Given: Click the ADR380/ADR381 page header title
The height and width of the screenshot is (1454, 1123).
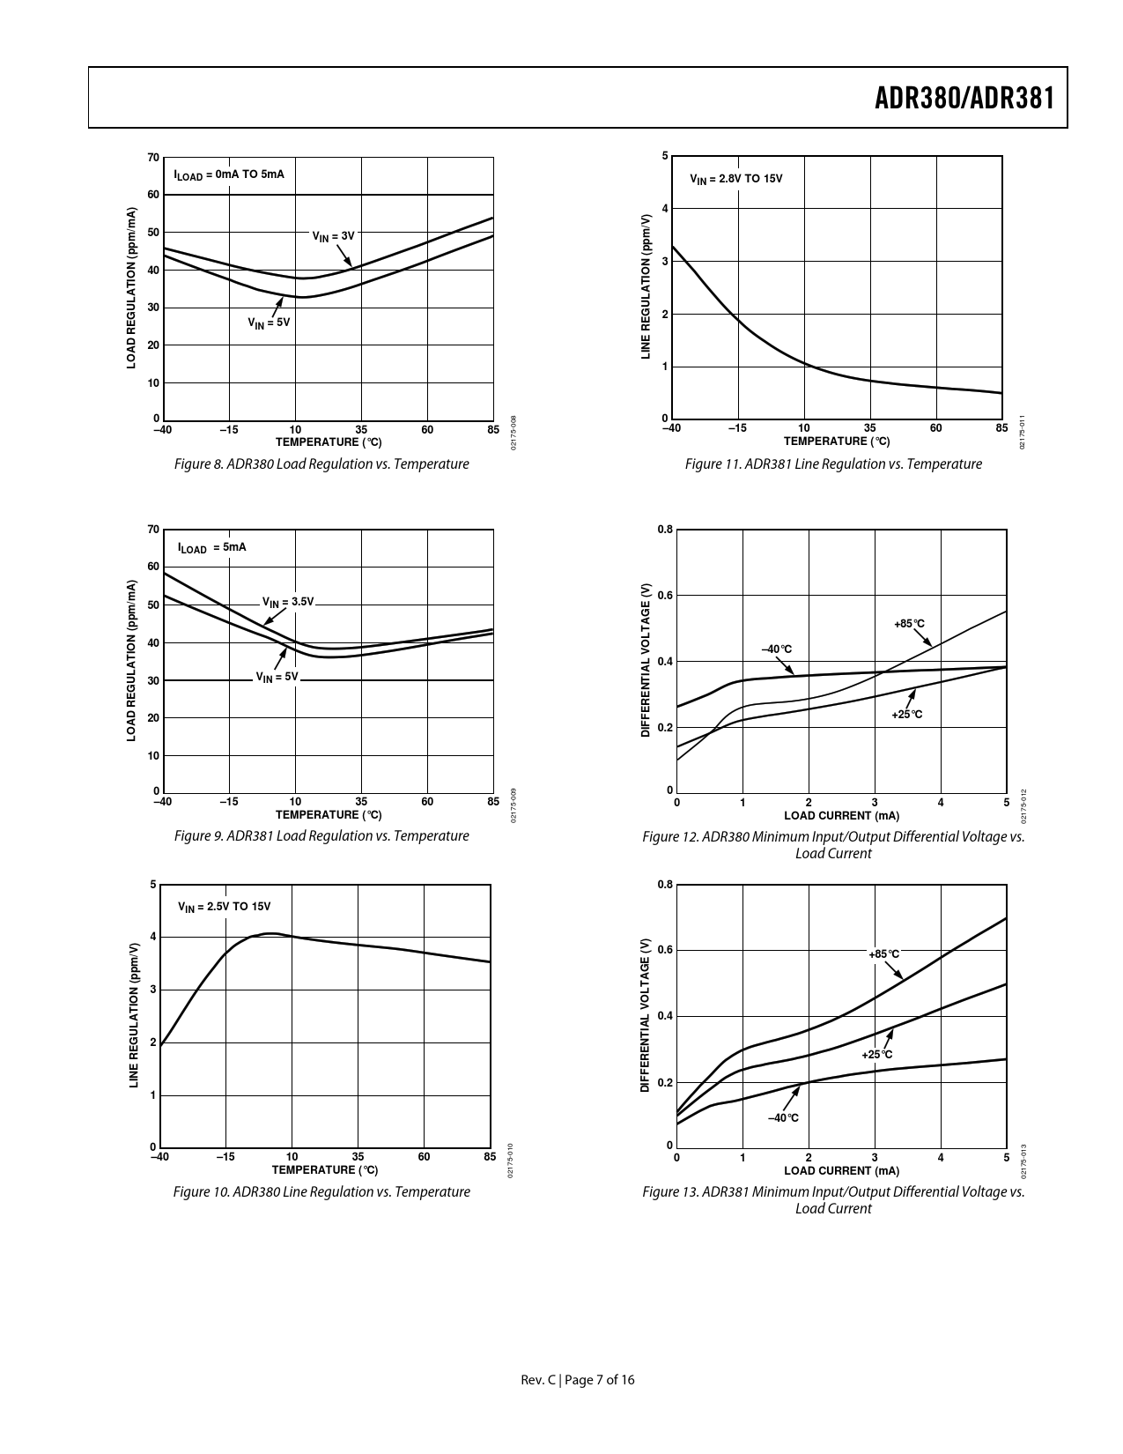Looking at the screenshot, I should (x=964, y=98).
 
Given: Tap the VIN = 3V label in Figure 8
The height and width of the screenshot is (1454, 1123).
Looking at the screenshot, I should (x=333, y=236).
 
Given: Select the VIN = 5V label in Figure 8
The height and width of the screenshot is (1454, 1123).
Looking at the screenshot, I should (x=269, y=323).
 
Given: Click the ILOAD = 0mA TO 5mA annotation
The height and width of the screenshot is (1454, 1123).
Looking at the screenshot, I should (x=229, y=174).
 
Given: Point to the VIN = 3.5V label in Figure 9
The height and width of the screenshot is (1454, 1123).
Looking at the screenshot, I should (x=288, y=602).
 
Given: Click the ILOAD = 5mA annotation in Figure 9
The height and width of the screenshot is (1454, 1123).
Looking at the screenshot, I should (x=212, y=547).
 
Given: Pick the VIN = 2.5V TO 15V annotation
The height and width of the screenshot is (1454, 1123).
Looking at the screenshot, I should (x=225, y=907).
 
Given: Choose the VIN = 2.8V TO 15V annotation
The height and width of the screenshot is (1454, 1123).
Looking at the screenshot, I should (x=736, y=179).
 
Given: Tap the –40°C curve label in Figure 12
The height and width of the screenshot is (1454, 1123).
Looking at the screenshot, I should (x=777, y=649).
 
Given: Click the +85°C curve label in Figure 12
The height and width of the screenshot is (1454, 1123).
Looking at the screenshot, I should (x=910, y=624).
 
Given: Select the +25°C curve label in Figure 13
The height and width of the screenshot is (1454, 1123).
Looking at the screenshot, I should (x=877, y=1054).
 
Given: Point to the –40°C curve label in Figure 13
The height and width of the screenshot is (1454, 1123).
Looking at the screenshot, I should (x=783, y=1117).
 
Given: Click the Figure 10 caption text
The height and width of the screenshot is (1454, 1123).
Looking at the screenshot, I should (x=321, y=1191).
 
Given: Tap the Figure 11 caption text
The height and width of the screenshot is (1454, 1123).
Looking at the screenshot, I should (x=833, y=464).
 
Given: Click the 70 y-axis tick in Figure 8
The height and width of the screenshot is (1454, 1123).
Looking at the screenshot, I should (x=154, y=158).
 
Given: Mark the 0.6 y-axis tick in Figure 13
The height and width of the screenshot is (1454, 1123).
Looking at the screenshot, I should (x=665, y=950).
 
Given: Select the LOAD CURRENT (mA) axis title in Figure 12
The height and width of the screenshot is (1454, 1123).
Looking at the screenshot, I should (x=841, y=815).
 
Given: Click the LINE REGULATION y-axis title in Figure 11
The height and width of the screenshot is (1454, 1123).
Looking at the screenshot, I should (x=646, y=286).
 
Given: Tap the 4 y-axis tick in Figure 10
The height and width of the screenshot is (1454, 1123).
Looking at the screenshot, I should (x=153, y=937).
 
